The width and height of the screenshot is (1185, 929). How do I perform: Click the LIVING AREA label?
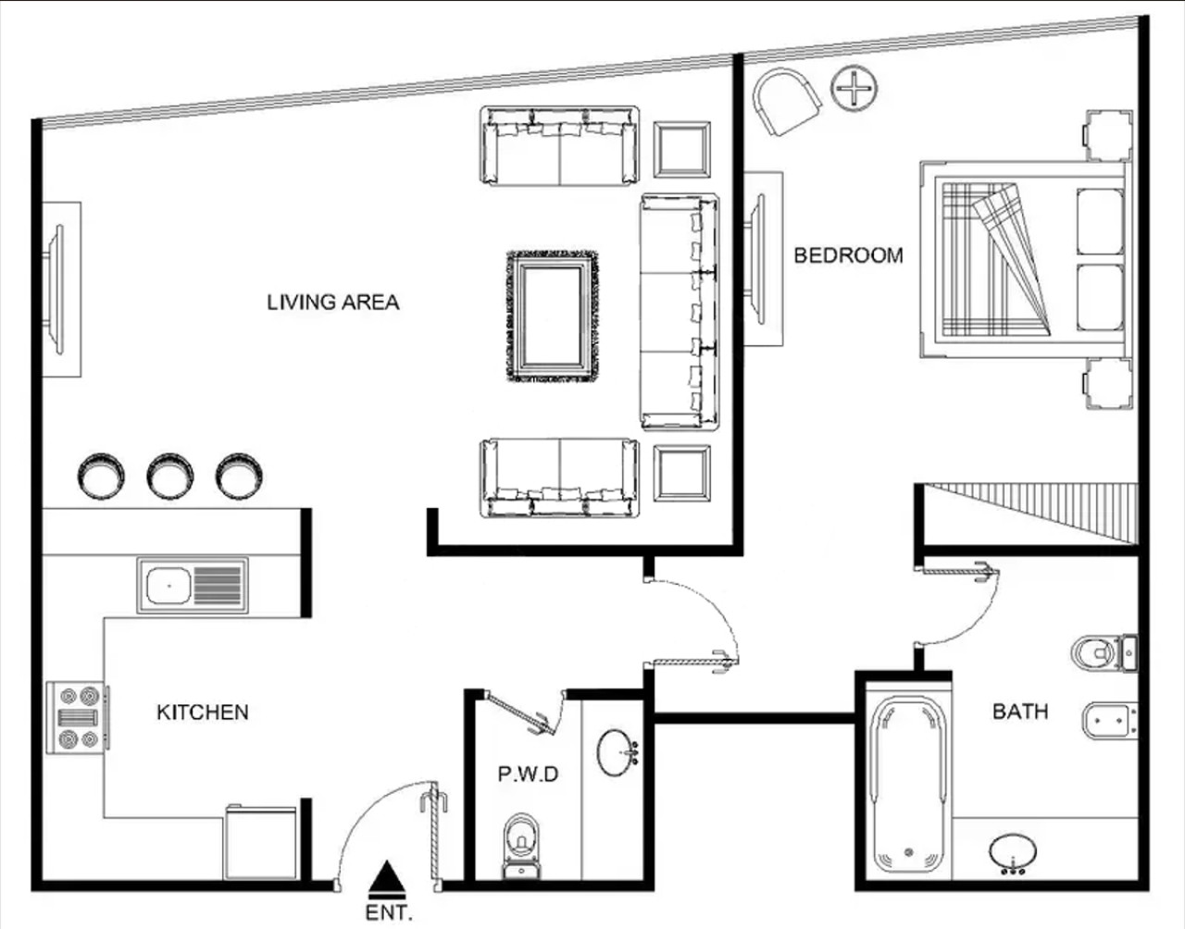pos(332,303)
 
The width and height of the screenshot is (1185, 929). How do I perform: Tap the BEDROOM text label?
pos(848,255)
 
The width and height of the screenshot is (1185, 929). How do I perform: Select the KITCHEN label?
pos(203,712)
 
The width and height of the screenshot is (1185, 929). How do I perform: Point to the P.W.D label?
pos(528,774)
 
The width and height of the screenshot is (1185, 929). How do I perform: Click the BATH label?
pos(1020,712)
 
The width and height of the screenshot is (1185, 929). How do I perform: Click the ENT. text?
pos(388,912)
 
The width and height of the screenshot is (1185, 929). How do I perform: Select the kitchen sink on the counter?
pos(193,585)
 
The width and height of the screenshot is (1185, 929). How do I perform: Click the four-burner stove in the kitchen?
pos(78,718)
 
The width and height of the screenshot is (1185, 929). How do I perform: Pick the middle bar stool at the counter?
pos(169,476)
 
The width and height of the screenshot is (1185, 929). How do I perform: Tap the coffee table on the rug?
pos(552,316)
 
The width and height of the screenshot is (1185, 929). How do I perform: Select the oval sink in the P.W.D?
pos(617,752)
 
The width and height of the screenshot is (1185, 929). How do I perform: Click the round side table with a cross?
pos(854,88)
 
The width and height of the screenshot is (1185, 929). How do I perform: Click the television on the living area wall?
pos(56,289)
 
